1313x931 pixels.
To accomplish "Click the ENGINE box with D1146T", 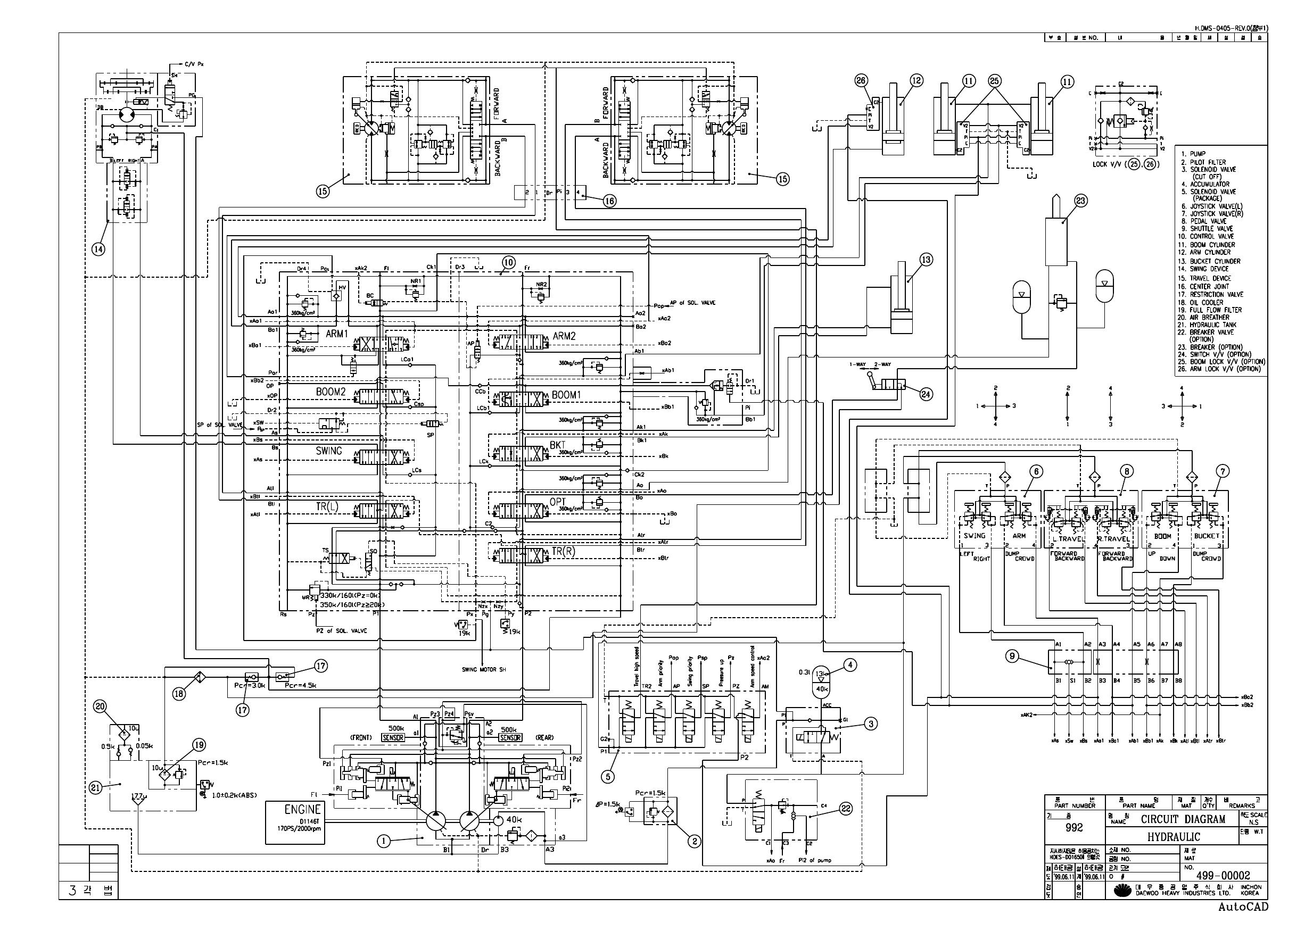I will pos(295,822).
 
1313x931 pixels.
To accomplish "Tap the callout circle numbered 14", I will pos(98,248).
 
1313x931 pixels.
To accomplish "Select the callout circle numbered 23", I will pos(1081,201).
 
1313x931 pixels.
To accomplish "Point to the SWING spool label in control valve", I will pos(328,451).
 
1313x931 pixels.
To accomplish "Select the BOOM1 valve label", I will pos(566,395).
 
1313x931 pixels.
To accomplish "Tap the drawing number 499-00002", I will pos(1223,875).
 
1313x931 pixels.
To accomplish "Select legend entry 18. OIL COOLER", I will pos(1204,302).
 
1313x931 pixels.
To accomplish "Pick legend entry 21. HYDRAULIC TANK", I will pos(1209,325).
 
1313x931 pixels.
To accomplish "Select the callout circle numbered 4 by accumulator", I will pos(850,665).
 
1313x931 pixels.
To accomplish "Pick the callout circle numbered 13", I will pos(926,260).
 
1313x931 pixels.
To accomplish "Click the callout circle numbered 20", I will pos(101,707).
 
